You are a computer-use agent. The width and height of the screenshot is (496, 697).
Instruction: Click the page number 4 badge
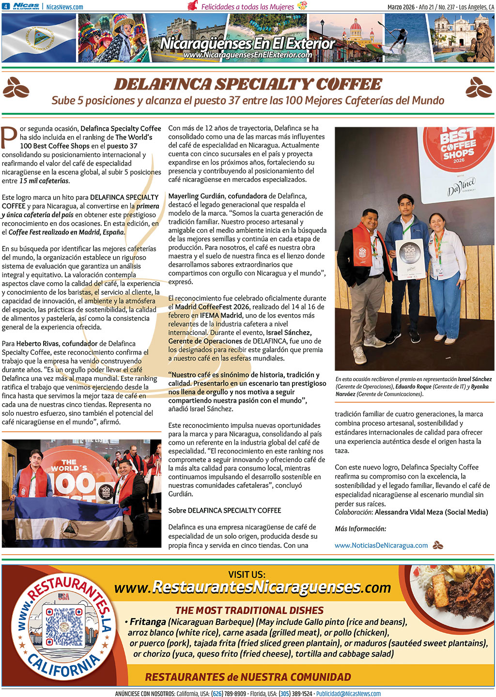(5, 6)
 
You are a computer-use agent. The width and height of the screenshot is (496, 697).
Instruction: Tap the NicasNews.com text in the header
(64, 7)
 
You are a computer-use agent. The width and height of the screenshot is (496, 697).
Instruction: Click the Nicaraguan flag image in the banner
(39, 38)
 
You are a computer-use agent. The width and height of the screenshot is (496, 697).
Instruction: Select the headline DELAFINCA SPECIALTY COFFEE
(248, 85)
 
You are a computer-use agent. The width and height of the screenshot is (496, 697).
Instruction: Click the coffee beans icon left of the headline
(16, 87)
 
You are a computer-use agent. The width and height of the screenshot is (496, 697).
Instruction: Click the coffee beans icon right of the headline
(479, 87)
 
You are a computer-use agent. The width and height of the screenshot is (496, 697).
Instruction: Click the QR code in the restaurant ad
(64, 627)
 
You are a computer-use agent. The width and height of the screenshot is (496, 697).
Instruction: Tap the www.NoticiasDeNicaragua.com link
(381, 545)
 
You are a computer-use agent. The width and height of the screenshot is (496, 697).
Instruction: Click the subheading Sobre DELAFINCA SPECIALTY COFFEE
(224, 510)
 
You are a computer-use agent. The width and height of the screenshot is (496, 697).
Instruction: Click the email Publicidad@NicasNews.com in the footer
(348, 694)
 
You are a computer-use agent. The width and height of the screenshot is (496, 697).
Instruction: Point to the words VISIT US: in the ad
(247, 575)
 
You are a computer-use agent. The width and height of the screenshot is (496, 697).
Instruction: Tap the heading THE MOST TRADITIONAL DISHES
(249, 610)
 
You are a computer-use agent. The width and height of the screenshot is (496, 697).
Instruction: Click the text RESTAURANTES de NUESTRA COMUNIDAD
(248, 677)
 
